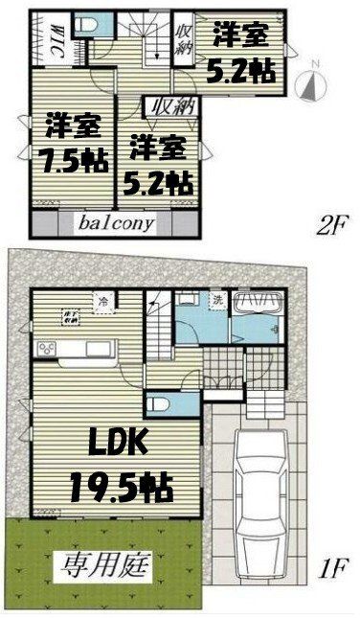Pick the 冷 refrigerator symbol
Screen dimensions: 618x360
101,299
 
